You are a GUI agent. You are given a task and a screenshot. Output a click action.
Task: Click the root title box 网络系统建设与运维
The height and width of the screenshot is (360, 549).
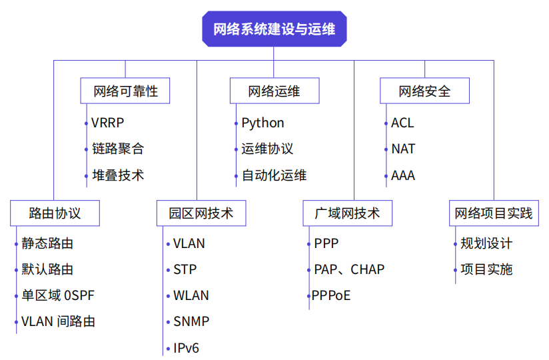tap(274, 29)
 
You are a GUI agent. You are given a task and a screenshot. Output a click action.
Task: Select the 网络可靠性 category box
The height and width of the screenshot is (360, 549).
tap(125, 91)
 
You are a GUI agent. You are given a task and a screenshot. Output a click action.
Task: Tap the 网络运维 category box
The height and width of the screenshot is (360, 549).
tap(274, 91)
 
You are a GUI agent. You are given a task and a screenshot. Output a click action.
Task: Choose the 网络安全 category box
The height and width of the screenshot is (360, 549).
tap(424, 91)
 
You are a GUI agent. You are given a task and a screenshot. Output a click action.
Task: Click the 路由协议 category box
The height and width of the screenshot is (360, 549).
tap(55, 213)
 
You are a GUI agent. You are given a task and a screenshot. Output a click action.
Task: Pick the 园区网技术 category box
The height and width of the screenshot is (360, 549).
tap(200, 213)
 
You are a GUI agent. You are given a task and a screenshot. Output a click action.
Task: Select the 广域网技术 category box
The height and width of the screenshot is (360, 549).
tap(347, 213)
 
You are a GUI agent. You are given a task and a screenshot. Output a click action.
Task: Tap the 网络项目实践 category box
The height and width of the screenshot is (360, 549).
tap(494, 213)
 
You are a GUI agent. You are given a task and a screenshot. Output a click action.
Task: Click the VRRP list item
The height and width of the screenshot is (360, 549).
tap(108, 123)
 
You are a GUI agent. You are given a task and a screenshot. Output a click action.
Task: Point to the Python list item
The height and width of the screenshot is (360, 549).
tap(263, 123)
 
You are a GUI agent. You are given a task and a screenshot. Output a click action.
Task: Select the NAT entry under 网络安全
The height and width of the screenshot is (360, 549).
tap(403, 149)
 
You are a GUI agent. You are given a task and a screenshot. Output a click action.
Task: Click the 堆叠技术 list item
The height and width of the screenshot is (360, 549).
tap(118, 176)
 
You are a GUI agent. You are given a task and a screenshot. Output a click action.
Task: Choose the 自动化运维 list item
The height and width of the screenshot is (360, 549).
tap(274, 176)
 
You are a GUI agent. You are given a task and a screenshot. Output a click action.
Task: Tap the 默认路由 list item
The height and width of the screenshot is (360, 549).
tap(47, 269)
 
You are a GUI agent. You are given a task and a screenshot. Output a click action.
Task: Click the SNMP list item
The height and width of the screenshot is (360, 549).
tap(191, 321)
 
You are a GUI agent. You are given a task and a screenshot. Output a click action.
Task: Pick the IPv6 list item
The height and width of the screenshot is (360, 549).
tap(186, 348)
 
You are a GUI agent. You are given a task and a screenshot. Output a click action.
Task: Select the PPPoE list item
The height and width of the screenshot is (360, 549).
tap(331, 295)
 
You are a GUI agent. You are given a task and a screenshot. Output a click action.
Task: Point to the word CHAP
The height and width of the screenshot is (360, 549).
tap(368, 269)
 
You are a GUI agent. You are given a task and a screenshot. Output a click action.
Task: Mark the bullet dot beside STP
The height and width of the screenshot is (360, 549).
tap(167, 270)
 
